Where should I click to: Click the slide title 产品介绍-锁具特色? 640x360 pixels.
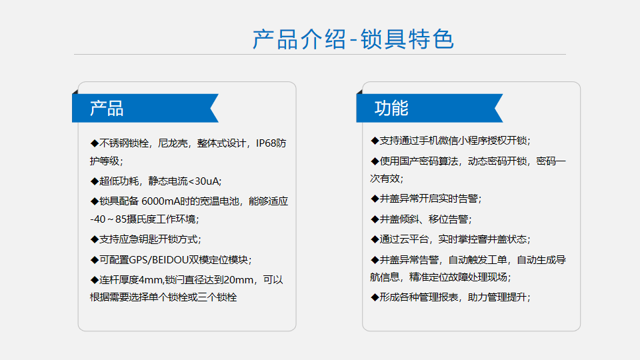tap(353, 39)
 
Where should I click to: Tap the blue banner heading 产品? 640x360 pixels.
tap(107, 109)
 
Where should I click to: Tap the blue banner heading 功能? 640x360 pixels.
tap(391, 108)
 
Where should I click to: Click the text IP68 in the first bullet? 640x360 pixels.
tap(266, 143)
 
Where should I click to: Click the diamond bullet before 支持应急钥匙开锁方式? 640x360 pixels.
tap(95, 239)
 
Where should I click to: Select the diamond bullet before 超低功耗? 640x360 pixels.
tap(95, 181)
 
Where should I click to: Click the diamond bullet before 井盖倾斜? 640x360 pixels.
tap(375, 219)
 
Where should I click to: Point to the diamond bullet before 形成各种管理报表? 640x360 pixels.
tap(375, 297)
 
